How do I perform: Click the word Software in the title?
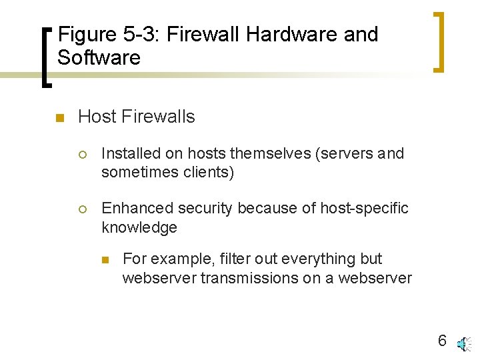click(x=99, y=57)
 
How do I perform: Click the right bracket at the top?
click(x=438, y=41)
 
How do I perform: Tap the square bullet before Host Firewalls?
click(x=58, y=119)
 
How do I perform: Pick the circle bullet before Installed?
click(x=82, y=154)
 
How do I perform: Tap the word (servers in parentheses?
click(x=343, y=153)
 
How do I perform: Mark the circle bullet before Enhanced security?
click(x=82, y=209)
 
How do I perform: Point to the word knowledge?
click(x=139, y=227)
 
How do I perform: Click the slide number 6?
click(x=442, y=341)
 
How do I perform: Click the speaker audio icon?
click(x=463, y=343)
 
